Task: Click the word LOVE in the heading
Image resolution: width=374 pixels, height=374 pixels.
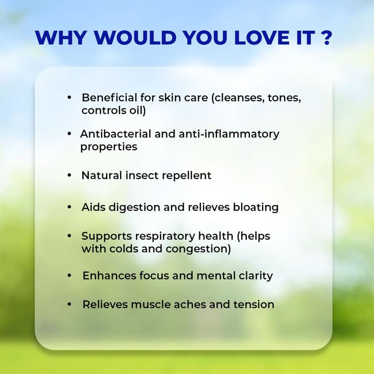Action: pyautogui.click(x=262, y=37)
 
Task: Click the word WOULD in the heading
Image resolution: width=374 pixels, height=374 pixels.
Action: pyautogui.click(x=135, y=37)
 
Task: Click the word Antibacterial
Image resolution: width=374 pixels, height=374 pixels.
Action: pyautogui.click(x=115, y=134)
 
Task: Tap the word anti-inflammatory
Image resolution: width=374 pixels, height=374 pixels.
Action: pyautogui.click(x=229, y=134)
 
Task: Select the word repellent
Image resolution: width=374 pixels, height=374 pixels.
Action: pyautogui.click(x=187, y=176)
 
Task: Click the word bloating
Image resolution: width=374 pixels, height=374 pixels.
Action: pyautogui.click(x=256, y=208)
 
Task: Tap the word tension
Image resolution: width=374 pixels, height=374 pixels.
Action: pyautogui.click(x=254, y=305)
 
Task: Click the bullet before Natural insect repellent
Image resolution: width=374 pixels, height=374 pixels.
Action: pyautogui.click(x=69, y=176)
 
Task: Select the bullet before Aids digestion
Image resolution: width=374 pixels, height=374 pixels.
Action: pyautogui.click(x=69, y=207)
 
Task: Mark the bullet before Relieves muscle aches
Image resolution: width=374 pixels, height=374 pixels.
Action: pyautogui.click(x=69, y=304)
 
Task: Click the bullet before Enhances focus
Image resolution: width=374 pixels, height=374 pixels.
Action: pyautogui.click(x=69, y=275)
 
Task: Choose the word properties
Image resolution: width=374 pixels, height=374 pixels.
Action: pyautogui.click(x=109, y=147)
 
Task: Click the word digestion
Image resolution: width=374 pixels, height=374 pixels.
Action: pyautogui.click(x=135, y=208)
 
